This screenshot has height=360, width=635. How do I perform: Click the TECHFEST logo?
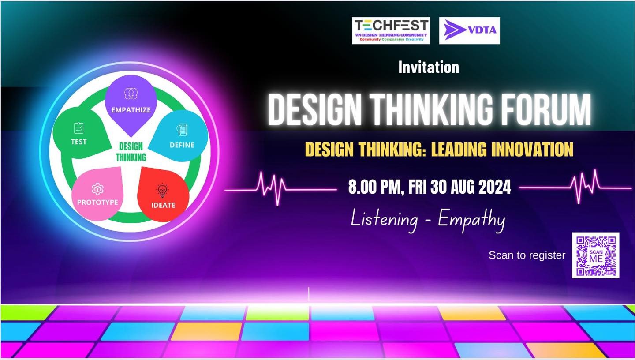click(391, 30)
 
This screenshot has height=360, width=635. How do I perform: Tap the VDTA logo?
click(470, 30)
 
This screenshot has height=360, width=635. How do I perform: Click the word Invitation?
click(429, 67)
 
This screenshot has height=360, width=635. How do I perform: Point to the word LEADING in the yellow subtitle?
click(459, 149)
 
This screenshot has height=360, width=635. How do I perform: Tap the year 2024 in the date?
click(495, 187)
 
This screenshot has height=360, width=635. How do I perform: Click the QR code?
click(596, 255)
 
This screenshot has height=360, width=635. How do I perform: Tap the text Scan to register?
click(527, 255)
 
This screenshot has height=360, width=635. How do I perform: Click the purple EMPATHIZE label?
click(131, 110)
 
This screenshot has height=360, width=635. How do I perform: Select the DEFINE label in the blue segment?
click(182, 145)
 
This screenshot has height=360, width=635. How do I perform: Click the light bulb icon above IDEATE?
click(162, 191)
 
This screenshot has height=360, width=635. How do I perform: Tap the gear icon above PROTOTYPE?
click(97, 189)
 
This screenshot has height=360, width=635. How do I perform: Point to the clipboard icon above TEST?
click(79, 128)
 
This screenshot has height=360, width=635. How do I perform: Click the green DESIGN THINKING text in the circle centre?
click(131, 152)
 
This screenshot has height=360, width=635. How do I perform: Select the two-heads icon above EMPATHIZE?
click(131, 94)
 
